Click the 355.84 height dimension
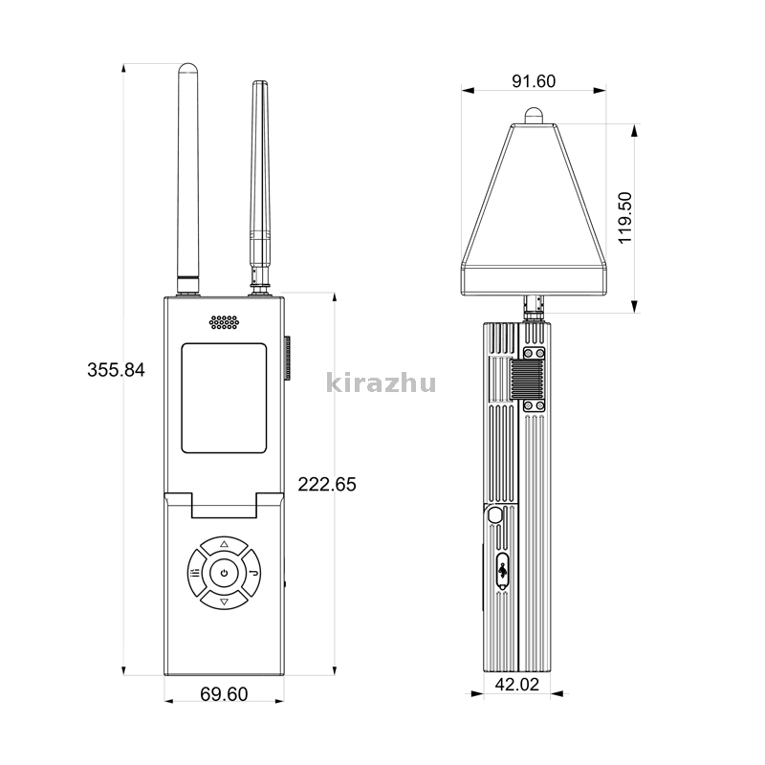[116, 370]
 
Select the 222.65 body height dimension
[327, 484]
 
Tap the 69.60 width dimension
[224, 694]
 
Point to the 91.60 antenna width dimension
[534, 81]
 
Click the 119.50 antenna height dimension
[624, 218]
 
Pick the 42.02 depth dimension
[517, 685]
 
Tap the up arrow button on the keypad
[224, 545]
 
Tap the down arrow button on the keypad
[224, 601]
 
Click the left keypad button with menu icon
[196, 573]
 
